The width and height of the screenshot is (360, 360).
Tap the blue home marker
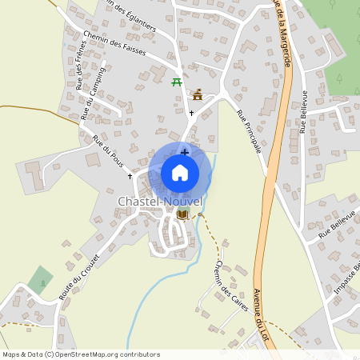pos(180,172)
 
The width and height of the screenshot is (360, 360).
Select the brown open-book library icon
pos(182,215)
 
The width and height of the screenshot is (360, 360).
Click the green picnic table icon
pos(177,81)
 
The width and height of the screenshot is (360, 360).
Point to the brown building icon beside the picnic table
pos(198,95)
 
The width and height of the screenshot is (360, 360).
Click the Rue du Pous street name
pos(109,154)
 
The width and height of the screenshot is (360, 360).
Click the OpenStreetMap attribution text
pos(82,354)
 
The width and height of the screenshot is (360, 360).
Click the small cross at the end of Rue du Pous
pos(130,175)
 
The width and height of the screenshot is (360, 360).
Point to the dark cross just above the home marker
pos(185,151)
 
